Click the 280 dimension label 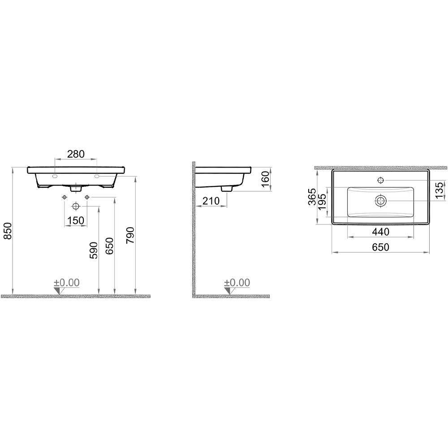click(76, 154)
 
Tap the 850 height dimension click(7, 231)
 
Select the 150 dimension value click(76, 220)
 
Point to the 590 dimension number click(94, 250)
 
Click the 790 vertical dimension click(130, 235)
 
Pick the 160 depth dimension click(265, 179)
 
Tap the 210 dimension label click(211, 201)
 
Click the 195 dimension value click(322, 202)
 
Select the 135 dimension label click(440, 190)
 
